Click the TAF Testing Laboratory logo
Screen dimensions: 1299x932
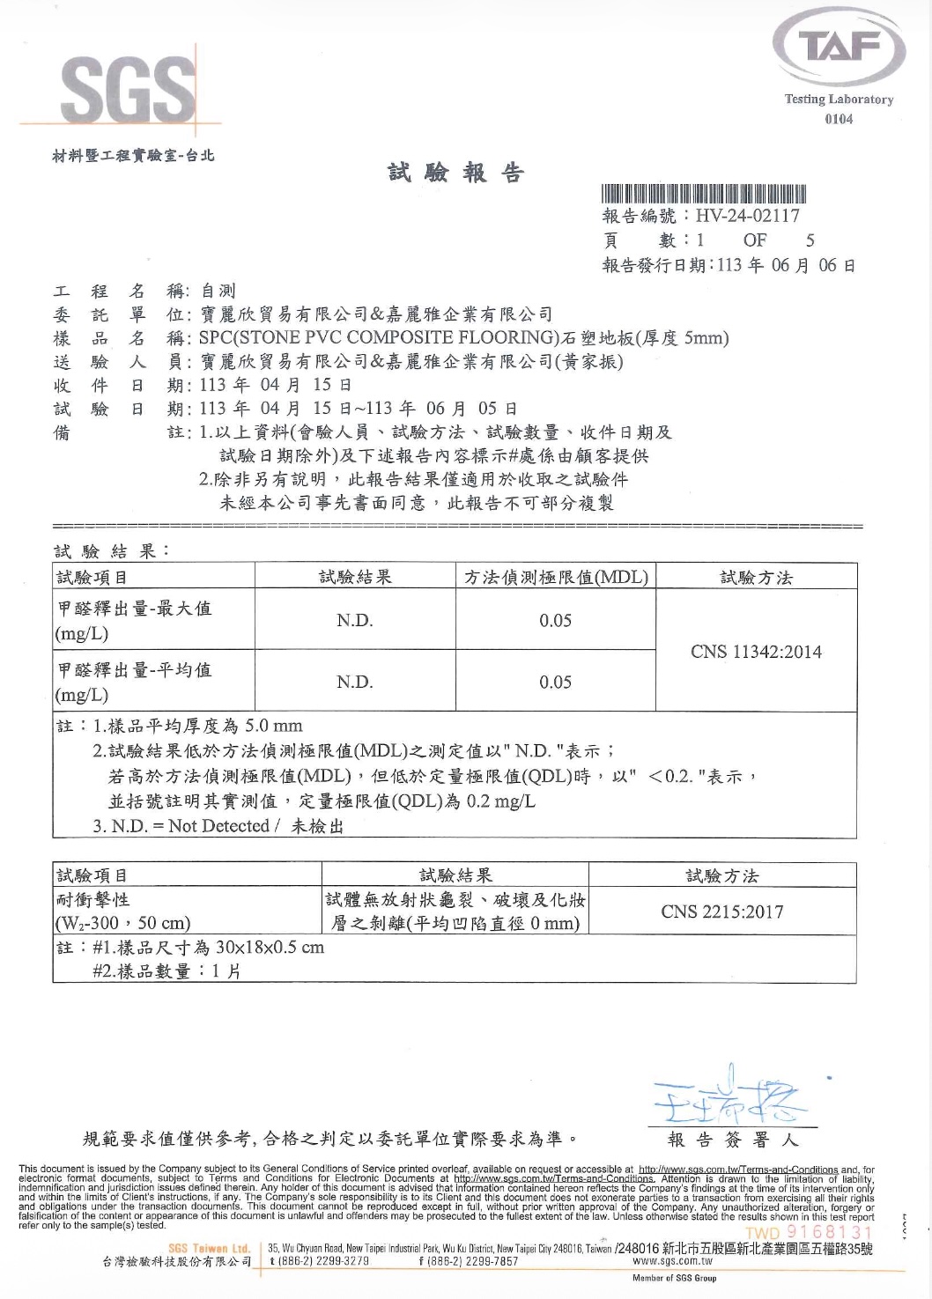point(839,48)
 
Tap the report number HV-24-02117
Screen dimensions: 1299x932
point(747,216)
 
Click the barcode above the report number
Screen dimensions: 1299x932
point(705,194)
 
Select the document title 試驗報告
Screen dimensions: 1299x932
point(456,173)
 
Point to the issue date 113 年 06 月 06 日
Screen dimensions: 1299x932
point(786,265)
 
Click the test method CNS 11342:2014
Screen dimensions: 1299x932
point(756,652)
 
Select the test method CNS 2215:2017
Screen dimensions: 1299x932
point(722,912)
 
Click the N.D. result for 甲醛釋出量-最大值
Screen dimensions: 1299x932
point(355,621)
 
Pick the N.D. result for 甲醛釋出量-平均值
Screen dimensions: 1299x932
point(355,683)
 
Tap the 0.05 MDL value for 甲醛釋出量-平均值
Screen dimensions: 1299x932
point(555,683)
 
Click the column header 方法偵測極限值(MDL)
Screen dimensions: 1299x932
point(556,578)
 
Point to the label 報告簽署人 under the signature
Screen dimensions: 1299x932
point(733,1140)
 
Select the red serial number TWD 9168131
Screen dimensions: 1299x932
point(809,1231)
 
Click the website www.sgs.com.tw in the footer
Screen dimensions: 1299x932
point(672,1261)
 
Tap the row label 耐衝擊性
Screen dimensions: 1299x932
point(93,899)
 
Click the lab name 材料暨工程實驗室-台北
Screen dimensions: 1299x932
point(134,156)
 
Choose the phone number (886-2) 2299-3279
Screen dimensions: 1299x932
point(321,1261)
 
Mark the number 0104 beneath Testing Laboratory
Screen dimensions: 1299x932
point(839,119)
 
